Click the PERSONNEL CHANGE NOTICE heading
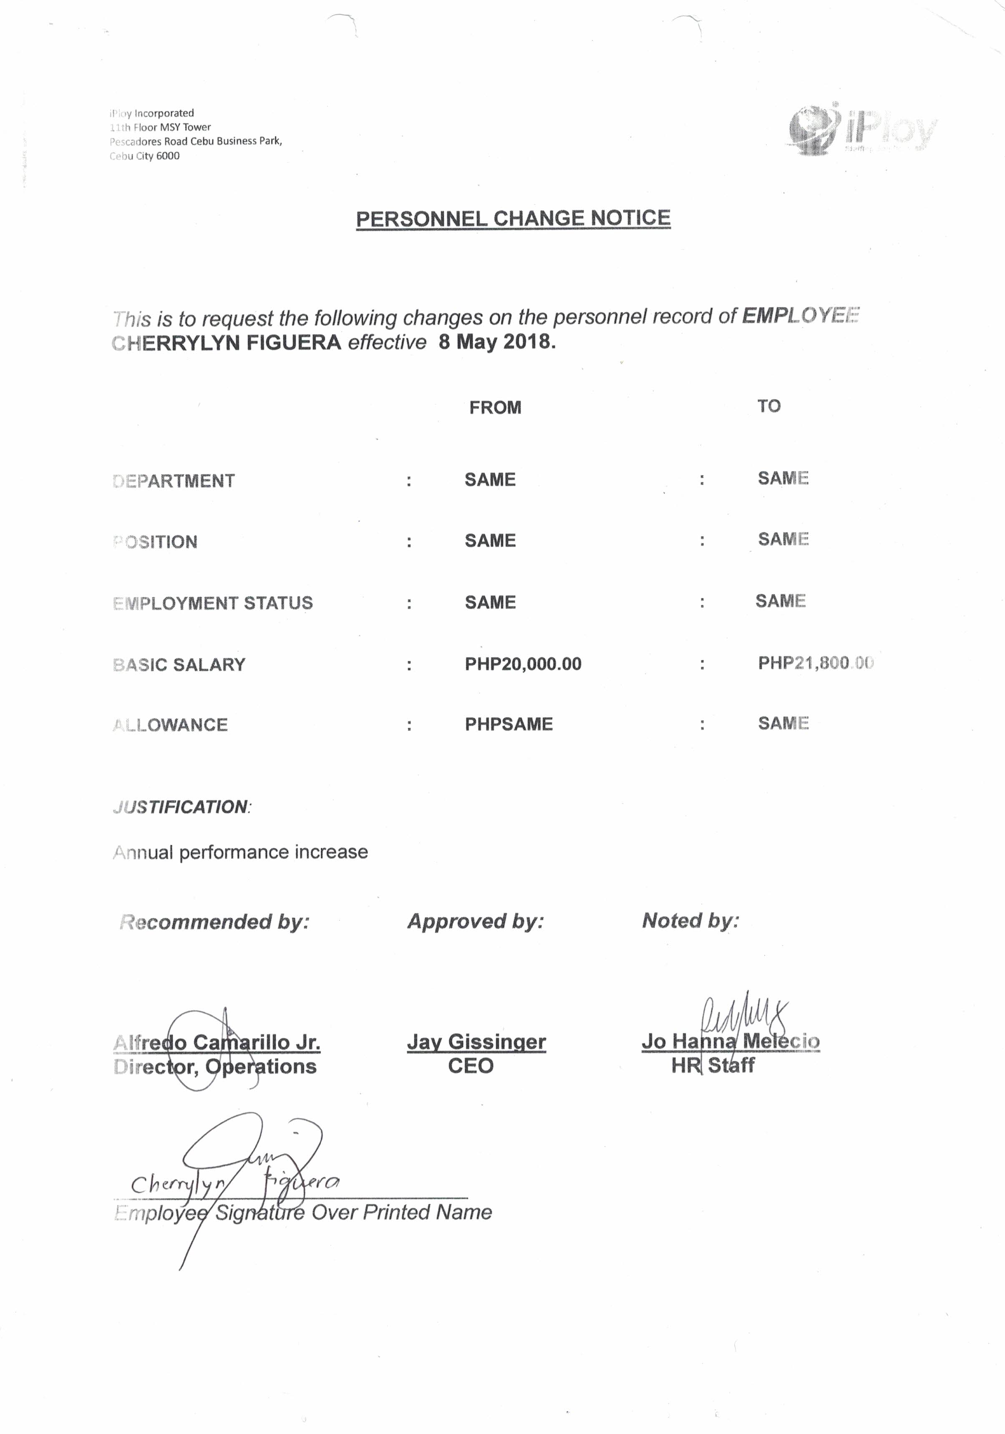(513, 219)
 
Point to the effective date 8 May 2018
(496, 342)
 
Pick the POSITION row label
(156, 542)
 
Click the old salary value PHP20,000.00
(523, 663)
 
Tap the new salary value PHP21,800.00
(815, 663)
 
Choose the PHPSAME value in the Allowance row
(509, 724)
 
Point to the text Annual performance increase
(240, 852)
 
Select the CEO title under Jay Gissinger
(470, 1066)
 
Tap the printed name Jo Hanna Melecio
(730, 1041)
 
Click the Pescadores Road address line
(196, 141)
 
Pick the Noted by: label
(690, 921)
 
